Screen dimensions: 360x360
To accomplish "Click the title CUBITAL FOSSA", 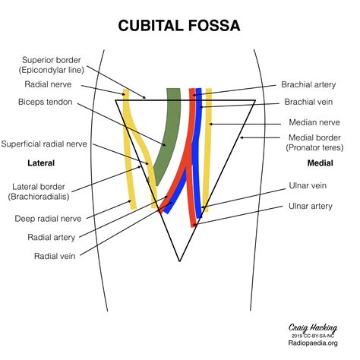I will pyautogui.click(x=179, y=26).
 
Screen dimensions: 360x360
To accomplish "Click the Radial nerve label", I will pyautogui.click(x=46, y=85).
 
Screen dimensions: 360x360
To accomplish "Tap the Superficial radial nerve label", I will pyautogui.click(x=44, y=143).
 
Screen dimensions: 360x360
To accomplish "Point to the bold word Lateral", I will pyautogui.click(x=40, y=163).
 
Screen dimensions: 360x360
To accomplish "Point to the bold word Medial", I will pyautogui.click(x=320, y=163).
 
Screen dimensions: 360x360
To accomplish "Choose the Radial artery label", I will pyautogui.click(x=51, y=237).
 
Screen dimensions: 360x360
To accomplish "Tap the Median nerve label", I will pyautogui.click(x=313, y=122).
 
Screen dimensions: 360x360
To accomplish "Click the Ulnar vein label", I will pyautogui.click(x=311, y=185).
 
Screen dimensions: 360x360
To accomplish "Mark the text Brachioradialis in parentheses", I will pyautogui.click(x=43, y=197).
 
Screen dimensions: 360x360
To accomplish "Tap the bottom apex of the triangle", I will pyautogui.click(x=179, y=261).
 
